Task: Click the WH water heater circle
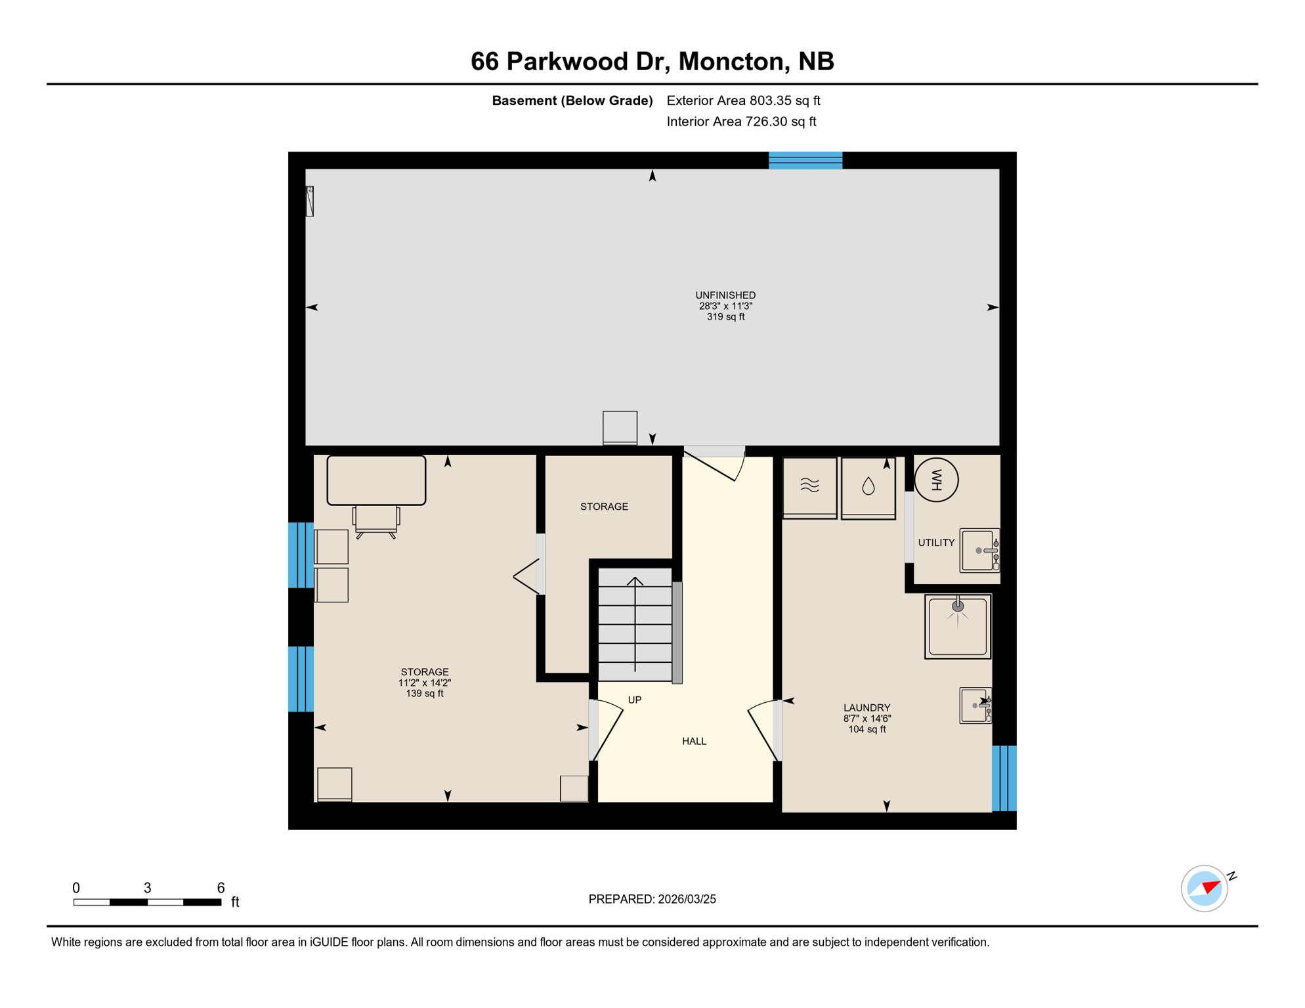pyautogui.click(x=936, y=480)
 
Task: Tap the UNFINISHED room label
pyautogui.click(x=725, y=296)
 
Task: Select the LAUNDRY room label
pyautogui.click(x=866, y=708)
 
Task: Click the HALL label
pyautogui.click(x=694, y=742)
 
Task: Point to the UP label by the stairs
pyautogui.click(x=634, y=700)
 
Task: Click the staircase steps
pyautogui.click(x=634, y=623)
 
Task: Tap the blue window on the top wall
pyautogui.click(x=805, y=161)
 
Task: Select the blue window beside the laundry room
pyautogui.click(x=1004, y=778)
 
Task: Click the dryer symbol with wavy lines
pyautogui.click(x=809, y=486)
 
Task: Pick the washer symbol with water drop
pyautogui.click(x=868, y=487)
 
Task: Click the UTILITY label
pyautogui.click(x=936, y=543)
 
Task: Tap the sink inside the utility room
pyautogui.click(x=979, y=551)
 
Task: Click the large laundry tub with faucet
pyautogui.click(x=958, y=626)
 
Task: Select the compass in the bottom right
pyautogui.click(x=1204, y=889)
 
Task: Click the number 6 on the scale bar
pyautogui.click(x=221, y=888)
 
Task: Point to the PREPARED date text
pyautogui.click(x=652, y=899)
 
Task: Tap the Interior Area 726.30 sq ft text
pyautogui.click(x=741, y=121)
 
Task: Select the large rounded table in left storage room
pyautogui.click(x=376, y=480)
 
